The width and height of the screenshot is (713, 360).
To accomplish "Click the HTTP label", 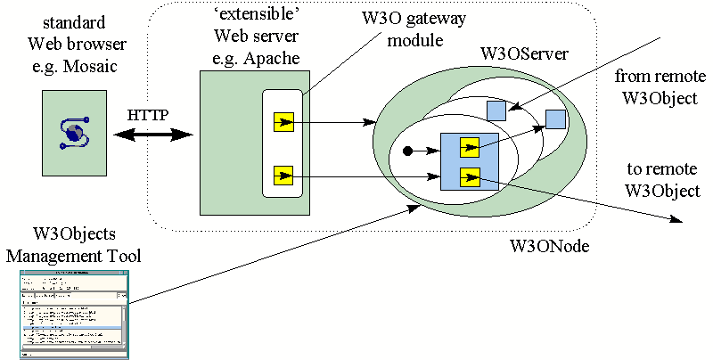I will click(x=147, y=116).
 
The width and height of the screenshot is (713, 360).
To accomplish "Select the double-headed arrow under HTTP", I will click(x=153, y=135).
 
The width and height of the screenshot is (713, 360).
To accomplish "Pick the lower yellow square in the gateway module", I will click(x=283, y=173).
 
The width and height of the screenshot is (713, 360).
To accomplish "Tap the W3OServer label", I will click(x=524, y=56).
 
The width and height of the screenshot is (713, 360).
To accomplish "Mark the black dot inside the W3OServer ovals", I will click(x=408, y=151).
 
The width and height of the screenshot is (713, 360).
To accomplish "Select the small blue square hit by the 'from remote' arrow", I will click(x=496, y=110).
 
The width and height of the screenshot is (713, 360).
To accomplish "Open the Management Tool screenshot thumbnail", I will click(x=75, y=314).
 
